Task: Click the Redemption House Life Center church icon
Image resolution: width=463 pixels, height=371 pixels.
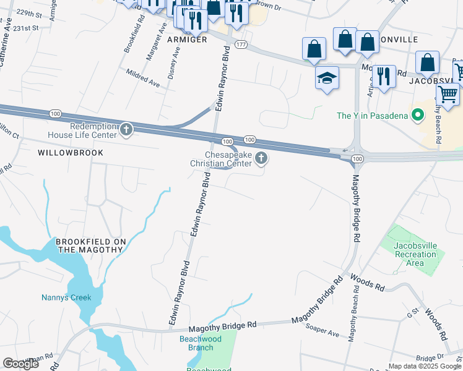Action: pyautogui.click(x=126, y=129)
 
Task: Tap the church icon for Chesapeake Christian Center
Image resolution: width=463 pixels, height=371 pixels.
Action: pyautogui.click(x=261, y=159)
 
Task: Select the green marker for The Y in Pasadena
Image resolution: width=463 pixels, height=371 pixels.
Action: pyautogui.click(x=418, y=115)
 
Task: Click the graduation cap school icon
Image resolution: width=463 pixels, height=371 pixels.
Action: pyautogui.click(x=327, y=78)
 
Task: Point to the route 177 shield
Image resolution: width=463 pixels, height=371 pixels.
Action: pyautogui.click(x=241, y=45)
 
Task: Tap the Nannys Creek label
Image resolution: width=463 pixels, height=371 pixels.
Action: pyautogui.click(x=66, y=297)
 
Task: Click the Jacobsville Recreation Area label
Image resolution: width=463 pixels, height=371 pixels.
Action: pyautogui.click(x=415, y=254)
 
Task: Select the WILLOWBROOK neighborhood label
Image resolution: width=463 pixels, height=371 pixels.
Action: pyautogui.click(x=70, y=152)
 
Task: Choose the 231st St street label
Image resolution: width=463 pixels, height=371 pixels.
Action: pyautogui.click(x=27, y=28)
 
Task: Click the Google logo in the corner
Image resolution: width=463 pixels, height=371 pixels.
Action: pyautogui.click(x=20, y=364)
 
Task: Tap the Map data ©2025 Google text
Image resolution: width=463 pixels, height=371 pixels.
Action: pyautogui.click(x=424, y=366)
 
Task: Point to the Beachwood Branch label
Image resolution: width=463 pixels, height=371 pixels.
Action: pyautogui.click(x=201, y=343)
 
